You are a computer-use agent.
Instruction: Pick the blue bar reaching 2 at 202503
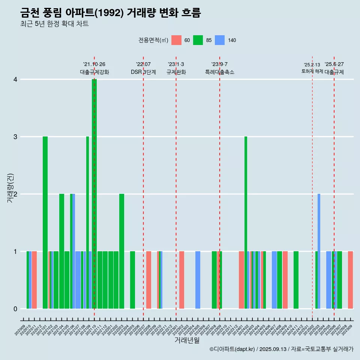(x=319, y=251)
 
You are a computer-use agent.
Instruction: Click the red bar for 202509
(x=350, y=280)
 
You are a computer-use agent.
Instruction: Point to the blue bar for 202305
(x=198, y=280)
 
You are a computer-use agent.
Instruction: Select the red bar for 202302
(x=181, y=280)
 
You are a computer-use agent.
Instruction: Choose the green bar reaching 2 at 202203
(x=121, y=251)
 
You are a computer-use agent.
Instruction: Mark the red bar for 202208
(x=149, y=280)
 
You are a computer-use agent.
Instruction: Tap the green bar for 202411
(x=296, y=280)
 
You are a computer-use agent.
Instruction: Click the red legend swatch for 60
(x=176, y=40)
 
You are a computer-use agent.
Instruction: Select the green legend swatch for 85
(x=198, y=40)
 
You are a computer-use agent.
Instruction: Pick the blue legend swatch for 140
(x=220, y=40)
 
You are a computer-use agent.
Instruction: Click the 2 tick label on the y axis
(x=15, y=194)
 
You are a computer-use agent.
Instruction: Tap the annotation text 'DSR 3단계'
(x=143, y=72)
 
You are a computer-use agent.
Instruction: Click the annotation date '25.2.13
(x=312, y=65)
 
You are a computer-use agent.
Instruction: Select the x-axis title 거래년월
(x=187, y=340)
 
